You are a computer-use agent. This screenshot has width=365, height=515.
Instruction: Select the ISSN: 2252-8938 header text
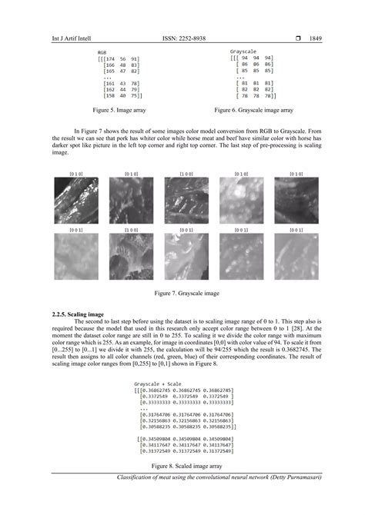coord(183,37)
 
